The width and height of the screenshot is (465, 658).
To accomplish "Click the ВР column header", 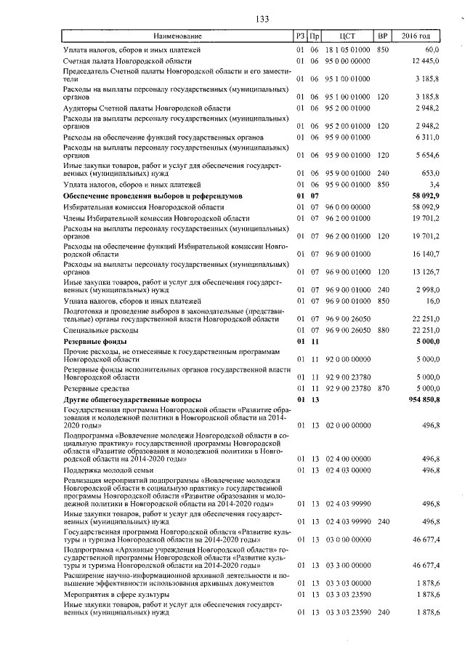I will [382, 36].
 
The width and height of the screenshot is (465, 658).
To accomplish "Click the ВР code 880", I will [383, 329].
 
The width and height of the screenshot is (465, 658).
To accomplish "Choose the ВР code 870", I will [383, 389].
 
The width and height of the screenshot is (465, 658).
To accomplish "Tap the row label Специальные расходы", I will [99, 329].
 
